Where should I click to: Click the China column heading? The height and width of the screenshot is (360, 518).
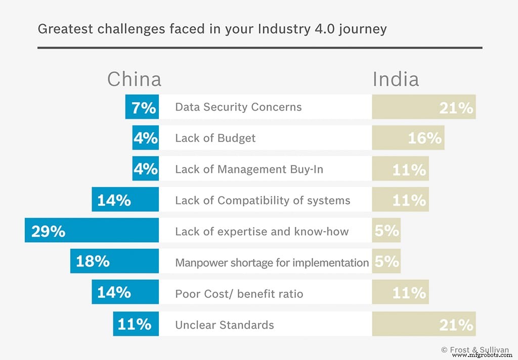tap(134, 79)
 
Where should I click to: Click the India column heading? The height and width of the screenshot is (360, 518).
tap(396, 79)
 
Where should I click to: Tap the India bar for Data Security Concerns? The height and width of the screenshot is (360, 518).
tap(423, 107)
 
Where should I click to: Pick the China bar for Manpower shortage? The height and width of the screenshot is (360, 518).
tap(114, 261)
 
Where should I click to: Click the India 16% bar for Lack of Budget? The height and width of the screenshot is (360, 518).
tap(408, 138)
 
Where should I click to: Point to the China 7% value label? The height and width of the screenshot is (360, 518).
tap(144, 107)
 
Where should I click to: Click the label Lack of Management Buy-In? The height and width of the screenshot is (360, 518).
tap(249, 169)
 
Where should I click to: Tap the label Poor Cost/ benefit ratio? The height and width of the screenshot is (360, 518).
tap(239, 294)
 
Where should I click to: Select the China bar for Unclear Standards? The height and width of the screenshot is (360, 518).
tap(136, 324)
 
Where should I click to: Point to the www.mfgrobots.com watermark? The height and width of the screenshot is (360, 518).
tap(483, 355)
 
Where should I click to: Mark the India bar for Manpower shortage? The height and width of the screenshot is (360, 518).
tap(386, 261)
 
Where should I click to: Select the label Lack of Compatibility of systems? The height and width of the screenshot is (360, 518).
tap(263, 200)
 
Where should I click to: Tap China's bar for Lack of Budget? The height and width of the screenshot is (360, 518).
tap(146, 138)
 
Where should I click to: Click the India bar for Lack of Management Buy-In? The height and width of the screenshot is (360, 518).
tap(400, 169)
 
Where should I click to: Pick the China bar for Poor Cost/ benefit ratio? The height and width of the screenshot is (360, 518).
tap(125, 293)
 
